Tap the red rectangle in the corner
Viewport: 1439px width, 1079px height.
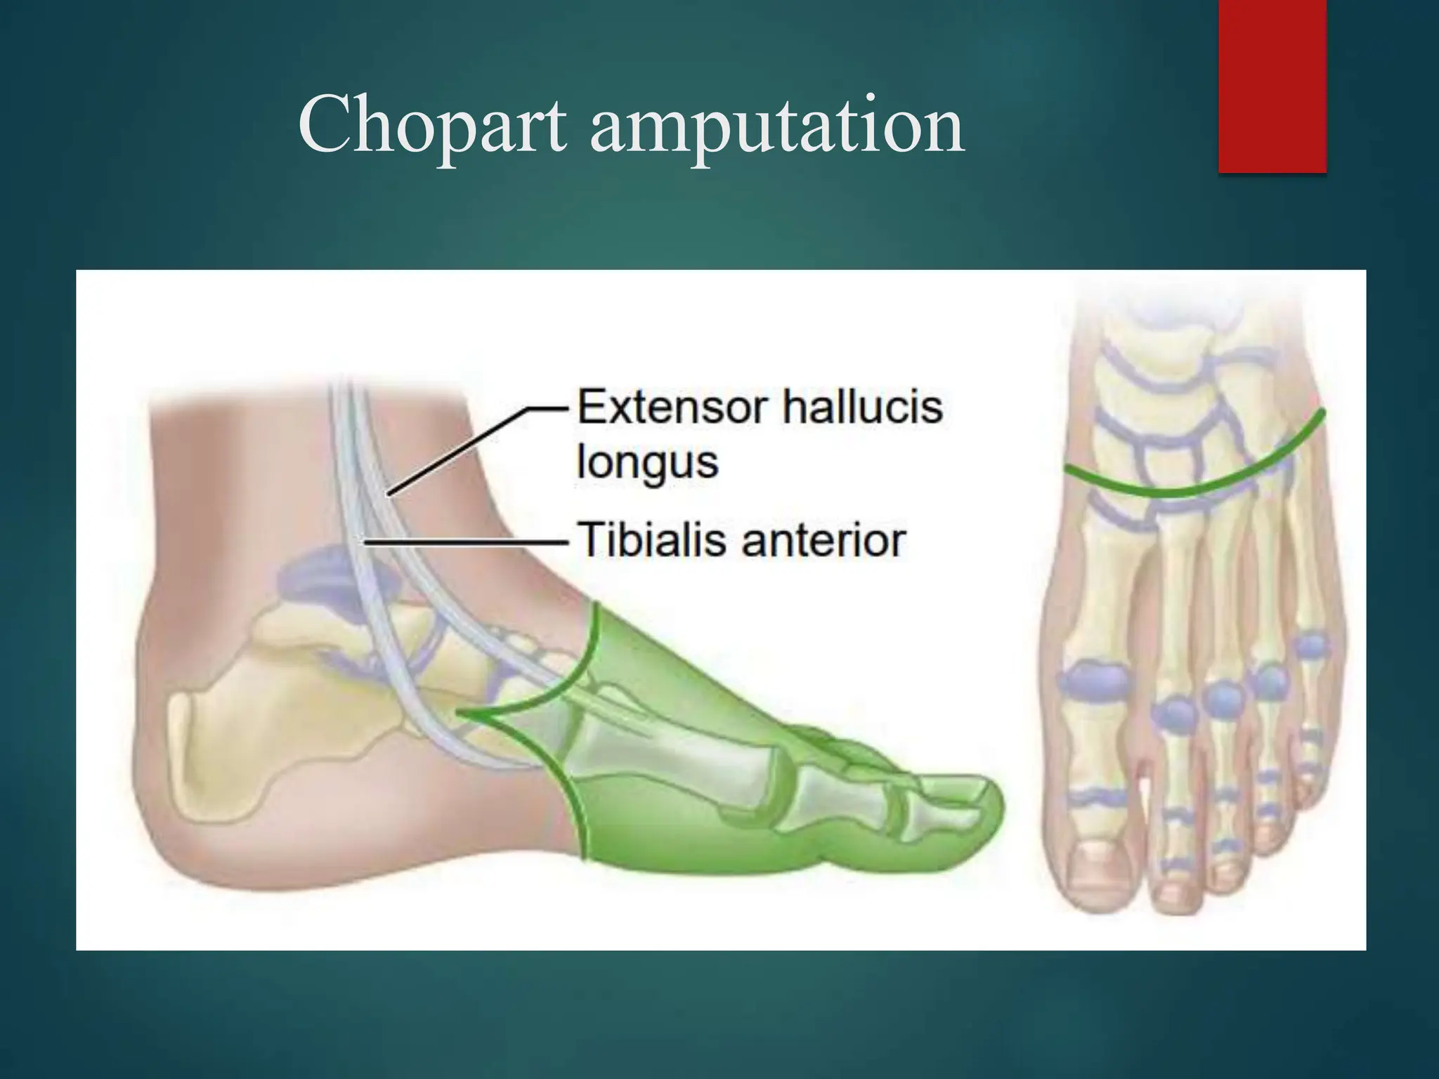pyautogui.click(x=1272, y=86)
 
